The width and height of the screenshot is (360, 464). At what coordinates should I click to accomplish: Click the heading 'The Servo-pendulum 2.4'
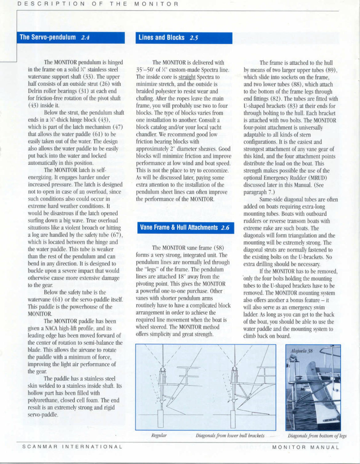click(54, 38)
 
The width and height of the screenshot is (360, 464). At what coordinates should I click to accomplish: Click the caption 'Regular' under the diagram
click(159, 436)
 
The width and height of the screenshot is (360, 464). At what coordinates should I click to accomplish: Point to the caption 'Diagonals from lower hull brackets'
click(230, 436)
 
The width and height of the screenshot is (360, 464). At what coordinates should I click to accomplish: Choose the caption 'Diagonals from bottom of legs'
click(317, 436)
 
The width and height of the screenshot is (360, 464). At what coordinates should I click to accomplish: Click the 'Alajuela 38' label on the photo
click(301, 351)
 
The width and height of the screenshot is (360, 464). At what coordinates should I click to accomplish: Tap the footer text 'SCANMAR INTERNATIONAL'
click(72, 447)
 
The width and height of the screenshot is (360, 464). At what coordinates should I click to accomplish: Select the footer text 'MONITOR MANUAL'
click(306, 447)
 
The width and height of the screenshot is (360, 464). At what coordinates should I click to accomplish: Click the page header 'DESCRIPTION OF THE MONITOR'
click(98, 4)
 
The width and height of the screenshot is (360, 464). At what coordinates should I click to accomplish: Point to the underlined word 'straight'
click(187, 77)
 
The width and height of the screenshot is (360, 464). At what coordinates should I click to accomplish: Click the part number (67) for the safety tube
click(116, 235)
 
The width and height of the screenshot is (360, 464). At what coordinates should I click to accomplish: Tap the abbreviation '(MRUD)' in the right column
click(317, 178)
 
